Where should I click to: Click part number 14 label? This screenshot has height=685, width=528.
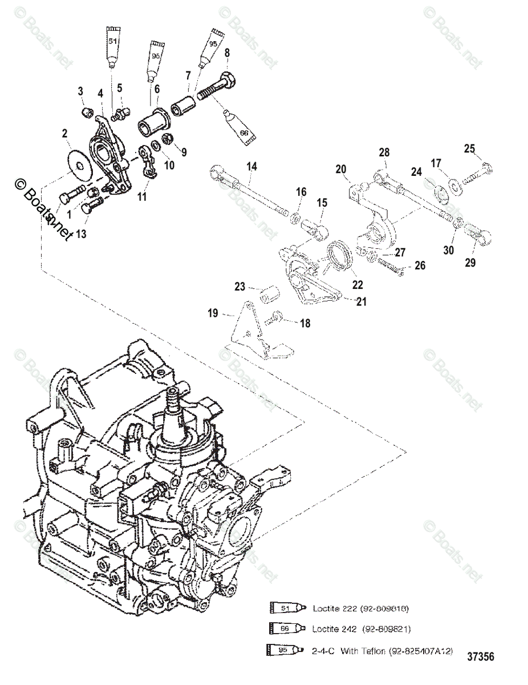[251, 167]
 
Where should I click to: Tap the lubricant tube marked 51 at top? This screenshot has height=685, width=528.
[112, 46]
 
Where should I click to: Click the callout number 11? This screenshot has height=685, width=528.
[141, 197]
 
